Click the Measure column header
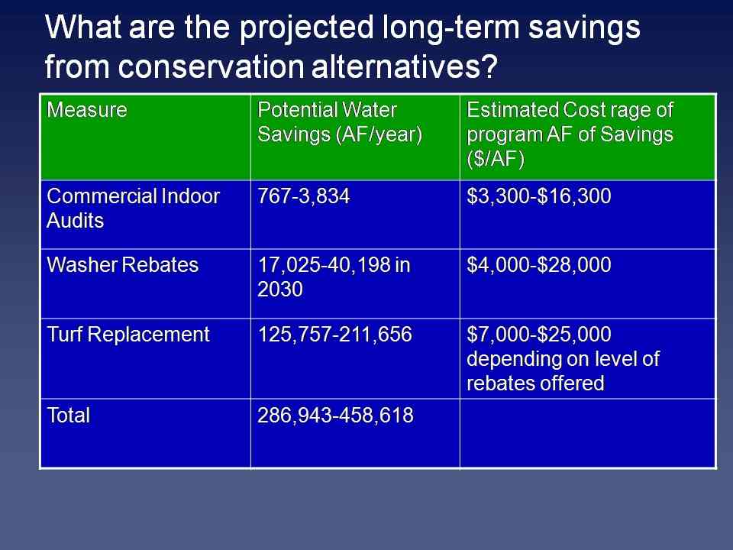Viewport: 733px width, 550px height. coord(87,110)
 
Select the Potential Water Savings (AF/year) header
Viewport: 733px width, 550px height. coord(339,122)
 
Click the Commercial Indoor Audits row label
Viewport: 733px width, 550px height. coord(133,208)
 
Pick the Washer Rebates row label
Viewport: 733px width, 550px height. coord(122,265)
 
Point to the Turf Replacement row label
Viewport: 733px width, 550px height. coord(128,335)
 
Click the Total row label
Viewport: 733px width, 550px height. coord(68,416)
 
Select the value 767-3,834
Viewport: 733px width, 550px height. coord(303,196)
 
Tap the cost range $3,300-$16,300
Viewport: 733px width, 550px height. coord(538,196)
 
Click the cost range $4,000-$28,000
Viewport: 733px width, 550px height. coord(538,265)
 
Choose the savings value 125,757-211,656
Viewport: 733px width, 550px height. coord(334,335)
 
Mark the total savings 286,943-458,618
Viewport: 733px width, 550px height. coord(335,416)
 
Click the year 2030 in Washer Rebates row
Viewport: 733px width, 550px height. coord(280,290)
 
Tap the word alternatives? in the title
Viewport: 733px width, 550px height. coord(405,66)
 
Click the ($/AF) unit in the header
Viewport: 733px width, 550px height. coord(496,160)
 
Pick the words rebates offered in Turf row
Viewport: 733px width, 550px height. coord(535,383)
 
